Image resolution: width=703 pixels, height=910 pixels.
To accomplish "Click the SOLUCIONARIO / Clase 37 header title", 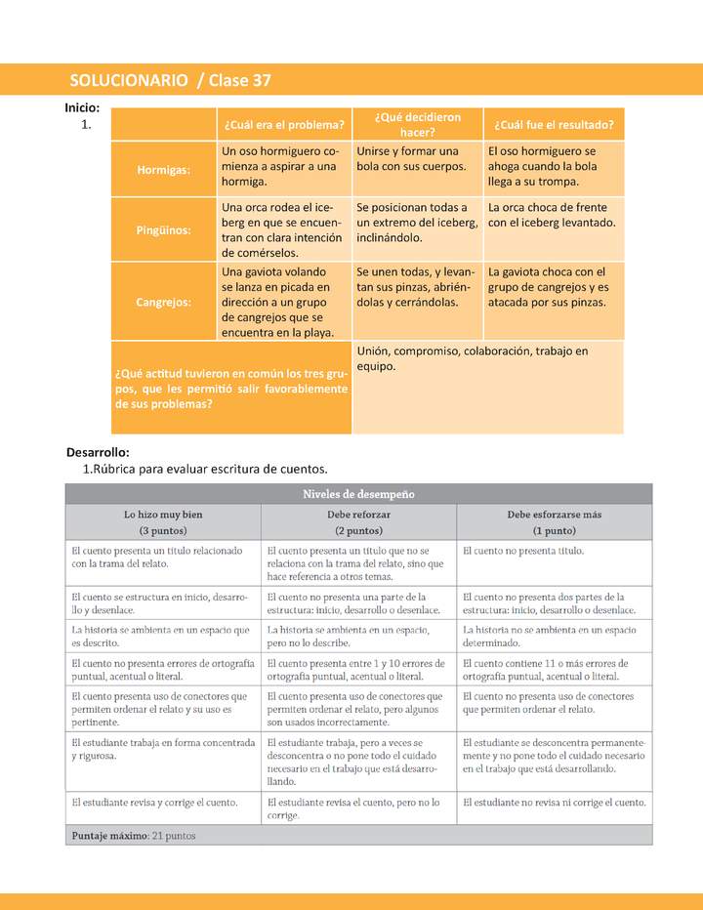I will (x=171, y=80).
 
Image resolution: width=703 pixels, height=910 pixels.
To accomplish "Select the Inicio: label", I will (x=82, y=108).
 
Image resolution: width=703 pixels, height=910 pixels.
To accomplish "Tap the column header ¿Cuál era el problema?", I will (x=283, y=124).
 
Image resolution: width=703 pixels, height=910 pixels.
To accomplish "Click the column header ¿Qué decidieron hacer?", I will (x=417, y=124).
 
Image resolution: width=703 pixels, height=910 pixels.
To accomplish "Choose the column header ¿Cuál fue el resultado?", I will (x=554, y=124).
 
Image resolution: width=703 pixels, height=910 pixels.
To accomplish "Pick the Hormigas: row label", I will (x=164, y=169).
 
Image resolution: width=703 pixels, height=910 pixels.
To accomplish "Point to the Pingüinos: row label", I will (x=164, y=230).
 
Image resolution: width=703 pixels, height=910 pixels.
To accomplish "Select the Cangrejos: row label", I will (x=164, y=302).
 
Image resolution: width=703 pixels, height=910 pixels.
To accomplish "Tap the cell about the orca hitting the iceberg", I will (x=552, y=215).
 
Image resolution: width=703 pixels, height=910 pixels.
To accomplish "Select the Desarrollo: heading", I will (x=98, y=452).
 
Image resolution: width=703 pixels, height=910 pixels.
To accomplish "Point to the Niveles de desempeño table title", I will (x=358, y=494).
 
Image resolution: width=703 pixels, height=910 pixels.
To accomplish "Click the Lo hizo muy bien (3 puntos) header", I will (x=163, y=522).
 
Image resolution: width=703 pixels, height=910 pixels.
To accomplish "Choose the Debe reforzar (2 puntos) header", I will (x=358, y=522).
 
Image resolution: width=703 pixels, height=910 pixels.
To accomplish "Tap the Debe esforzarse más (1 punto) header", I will (x=554, y=522).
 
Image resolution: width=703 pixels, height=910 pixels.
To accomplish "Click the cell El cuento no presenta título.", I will (x=523, y=551).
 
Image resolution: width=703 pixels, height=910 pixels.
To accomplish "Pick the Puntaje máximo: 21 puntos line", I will (x=134, y=836).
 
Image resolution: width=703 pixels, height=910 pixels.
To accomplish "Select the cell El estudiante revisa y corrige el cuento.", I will (x=154, y=803).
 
